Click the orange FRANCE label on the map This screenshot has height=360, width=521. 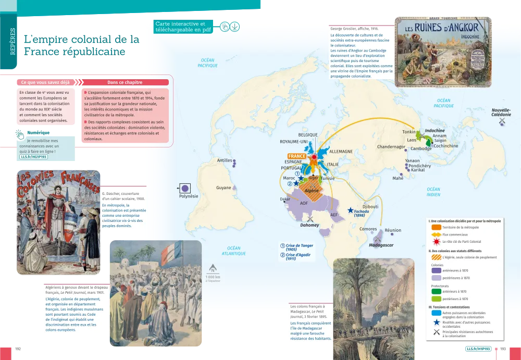click(297, 156)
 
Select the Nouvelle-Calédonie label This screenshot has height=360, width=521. click(501, 112)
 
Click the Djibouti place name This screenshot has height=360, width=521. click(370, 206)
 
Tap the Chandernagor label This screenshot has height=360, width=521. click(391, 147)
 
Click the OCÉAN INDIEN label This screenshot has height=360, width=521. click(433, 192)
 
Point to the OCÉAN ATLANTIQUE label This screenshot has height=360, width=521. click(233, 251)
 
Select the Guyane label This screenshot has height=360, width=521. click(224, 188)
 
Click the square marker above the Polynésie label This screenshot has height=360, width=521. click(184, 188)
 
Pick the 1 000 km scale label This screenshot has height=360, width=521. click(213, 277)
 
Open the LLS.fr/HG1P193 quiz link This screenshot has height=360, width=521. click(34, 156)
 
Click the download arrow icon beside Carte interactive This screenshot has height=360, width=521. click(235, 27)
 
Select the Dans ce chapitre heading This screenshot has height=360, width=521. click(125, 82)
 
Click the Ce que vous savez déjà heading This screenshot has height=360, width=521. click(45, 82)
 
